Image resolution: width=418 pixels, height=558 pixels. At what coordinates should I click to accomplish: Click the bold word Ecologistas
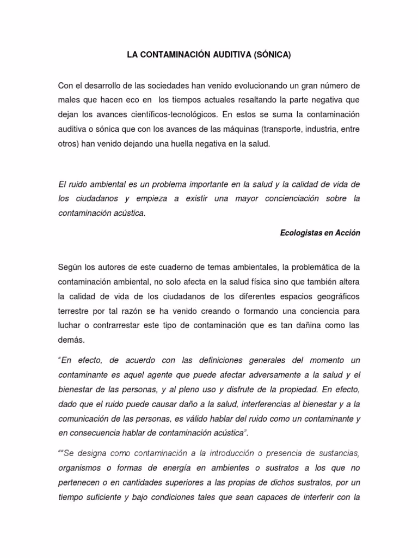tap(304, 232)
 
